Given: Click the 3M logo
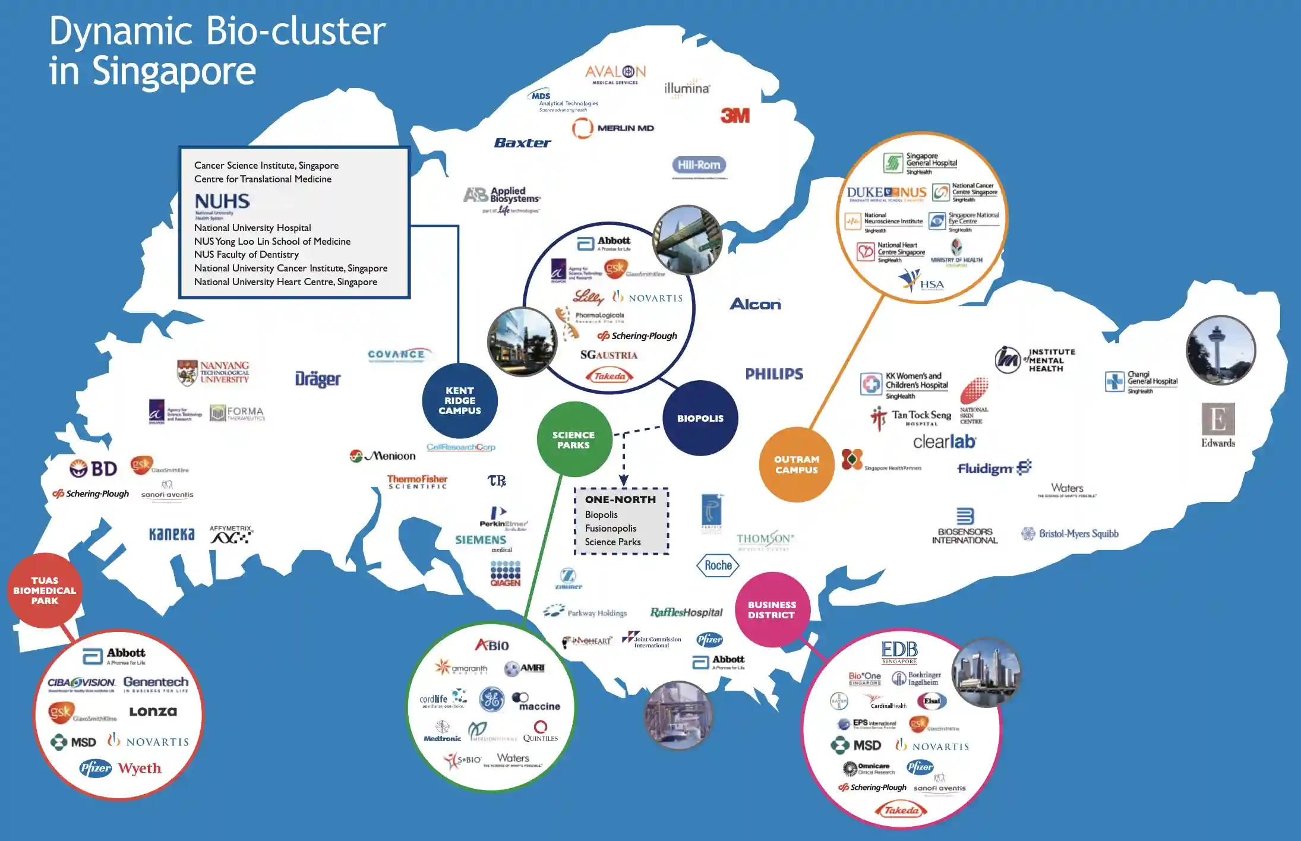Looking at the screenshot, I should tap(735, 115).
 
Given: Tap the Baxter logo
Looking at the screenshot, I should tap(522, 143).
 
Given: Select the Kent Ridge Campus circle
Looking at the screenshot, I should tap(460, 400).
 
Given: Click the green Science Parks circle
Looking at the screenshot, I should tap(573, 440).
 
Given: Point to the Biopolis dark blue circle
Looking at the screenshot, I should tap(700, 418).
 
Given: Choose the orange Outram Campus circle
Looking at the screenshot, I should tap(796, 464).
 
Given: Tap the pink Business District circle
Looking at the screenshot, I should tap(772, 609).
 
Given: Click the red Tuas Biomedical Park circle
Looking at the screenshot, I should tap(45, 590).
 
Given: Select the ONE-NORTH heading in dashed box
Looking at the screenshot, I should tap(620, 499).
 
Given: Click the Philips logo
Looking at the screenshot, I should tap(774, 374).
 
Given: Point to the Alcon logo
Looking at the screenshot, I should tap(755, 304).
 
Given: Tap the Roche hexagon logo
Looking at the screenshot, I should tap(718, 565).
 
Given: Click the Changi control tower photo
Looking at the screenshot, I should tap(1220, 350).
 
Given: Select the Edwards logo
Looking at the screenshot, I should tap(1218, 425).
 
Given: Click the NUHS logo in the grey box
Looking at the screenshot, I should tap(222, 201).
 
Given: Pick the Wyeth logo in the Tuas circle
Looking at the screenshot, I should tap(140, 768).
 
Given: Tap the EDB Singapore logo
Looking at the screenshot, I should tap(899, 652).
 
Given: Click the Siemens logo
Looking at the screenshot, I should tap(481, 540).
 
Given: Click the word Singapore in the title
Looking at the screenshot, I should tap(173, 71).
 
